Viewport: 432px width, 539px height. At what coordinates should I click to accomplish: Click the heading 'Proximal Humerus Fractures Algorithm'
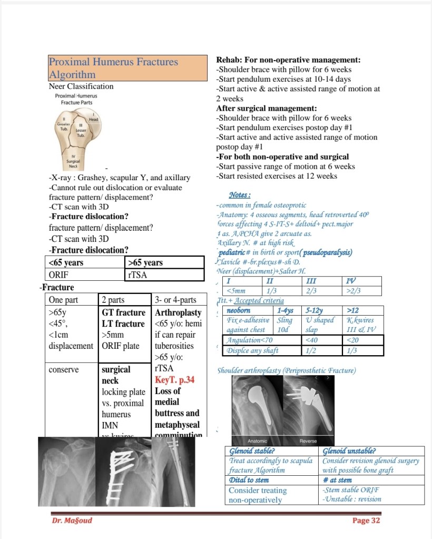pyautogui.click(x=114, y=68)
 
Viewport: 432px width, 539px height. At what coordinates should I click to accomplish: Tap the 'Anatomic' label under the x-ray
pyautogui.click(x=258, y=441)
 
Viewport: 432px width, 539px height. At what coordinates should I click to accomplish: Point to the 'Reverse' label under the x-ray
pyautogui.click(x=308, y=441)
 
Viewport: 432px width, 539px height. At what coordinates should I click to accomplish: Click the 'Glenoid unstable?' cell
pyautogui.click(x=349, y=451)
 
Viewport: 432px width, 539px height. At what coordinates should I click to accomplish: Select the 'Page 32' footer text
pyautogui.click(x=366, y=521)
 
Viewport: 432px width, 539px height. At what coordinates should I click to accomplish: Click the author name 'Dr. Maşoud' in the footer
pyautogui.click(x=72, y=521)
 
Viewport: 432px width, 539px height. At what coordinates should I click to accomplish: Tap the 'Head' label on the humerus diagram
pyautogui.click(x=93, y=120)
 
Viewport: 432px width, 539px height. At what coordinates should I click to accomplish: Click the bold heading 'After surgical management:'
pyautogui.click(x=267, y=108)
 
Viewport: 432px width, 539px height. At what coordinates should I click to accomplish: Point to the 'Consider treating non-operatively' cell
pyautogui.click(x=258, y=495)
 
